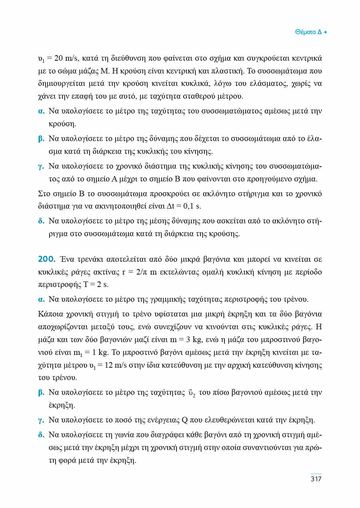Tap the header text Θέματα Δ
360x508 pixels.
click(308, 32)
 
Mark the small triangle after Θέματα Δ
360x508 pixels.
click(325, 32)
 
